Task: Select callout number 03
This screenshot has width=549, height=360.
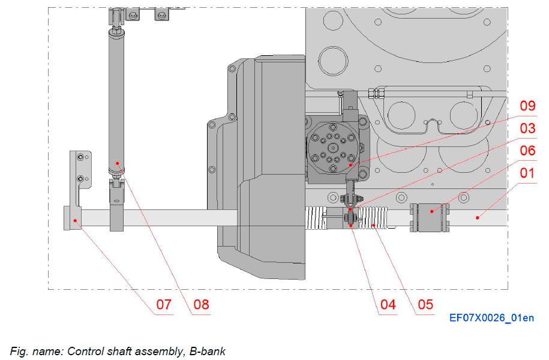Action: tap(527, 128)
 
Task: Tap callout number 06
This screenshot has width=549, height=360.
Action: tap(527, 151)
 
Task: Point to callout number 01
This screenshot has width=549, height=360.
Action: tap(527, 173)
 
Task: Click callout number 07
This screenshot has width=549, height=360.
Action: tap(163, 305)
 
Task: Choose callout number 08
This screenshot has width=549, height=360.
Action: tap(201, 305)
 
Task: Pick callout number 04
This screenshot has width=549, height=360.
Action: tap(388, 305)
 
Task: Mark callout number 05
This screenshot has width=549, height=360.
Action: tap(425, 305)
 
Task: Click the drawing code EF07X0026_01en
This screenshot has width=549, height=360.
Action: tap(491, 319)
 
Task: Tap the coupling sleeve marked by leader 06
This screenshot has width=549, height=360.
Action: tap(430, 217)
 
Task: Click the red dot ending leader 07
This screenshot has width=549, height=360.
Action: tap(75, 220)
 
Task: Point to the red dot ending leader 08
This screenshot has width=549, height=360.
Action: tap(118, 163)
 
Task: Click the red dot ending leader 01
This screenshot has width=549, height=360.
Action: tap(478, 217)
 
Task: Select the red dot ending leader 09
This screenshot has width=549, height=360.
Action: tap(350, 163)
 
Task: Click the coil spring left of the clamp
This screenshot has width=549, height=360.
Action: tap(316, 217)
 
